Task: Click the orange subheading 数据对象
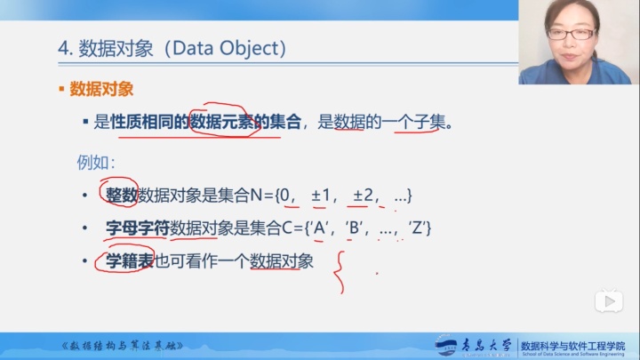[101, 90]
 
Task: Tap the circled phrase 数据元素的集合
[246, 122]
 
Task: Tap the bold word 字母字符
[137, 228]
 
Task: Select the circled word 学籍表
[130, 261]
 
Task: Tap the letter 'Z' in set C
[417, 228]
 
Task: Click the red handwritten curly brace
[338, 272]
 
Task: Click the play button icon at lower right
[608, 302]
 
